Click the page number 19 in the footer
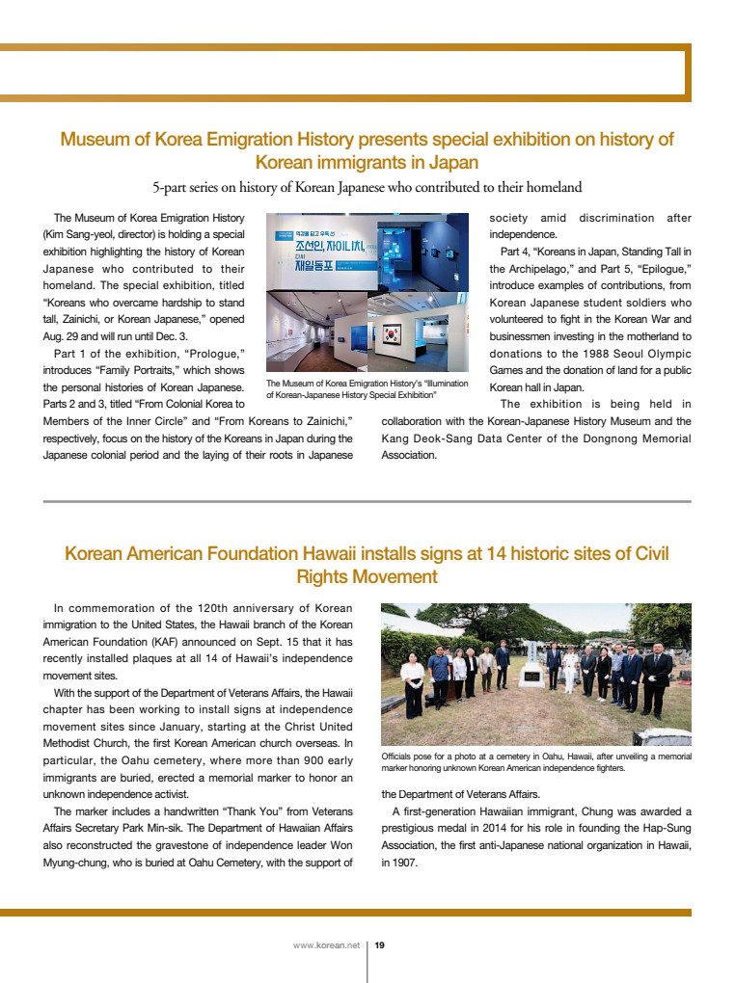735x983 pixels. (380, 945)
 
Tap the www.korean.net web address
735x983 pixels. (326, 945)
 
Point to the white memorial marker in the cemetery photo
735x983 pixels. (531, 676)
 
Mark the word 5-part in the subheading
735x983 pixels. (172, 187)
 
